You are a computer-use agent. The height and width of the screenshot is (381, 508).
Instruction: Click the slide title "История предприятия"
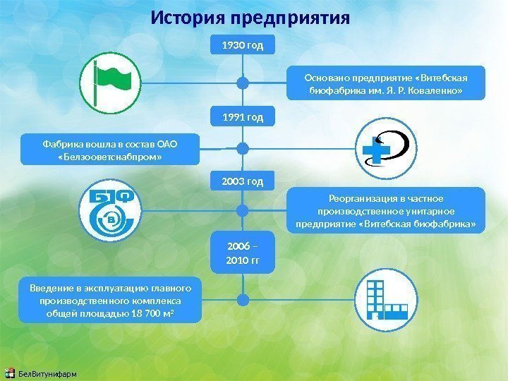250,17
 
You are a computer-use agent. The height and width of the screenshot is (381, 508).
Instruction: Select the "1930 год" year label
242,46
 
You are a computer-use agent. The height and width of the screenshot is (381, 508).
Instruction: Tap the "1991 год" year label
242,116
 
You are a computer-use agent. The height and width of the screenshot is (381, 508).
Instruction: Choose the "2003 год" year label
242,182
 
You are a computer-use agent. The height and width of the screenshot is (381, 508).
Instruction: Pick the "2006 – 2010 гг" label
242,254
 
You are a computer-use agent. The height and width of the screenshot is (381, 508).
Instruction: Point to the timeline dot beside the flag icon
242,83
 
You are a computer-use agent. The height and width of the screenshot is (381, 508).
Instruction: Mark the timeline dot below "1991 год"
242,148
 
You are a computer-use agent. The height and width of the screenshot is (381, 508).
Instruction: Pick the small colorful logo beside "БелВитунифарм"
9,373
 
